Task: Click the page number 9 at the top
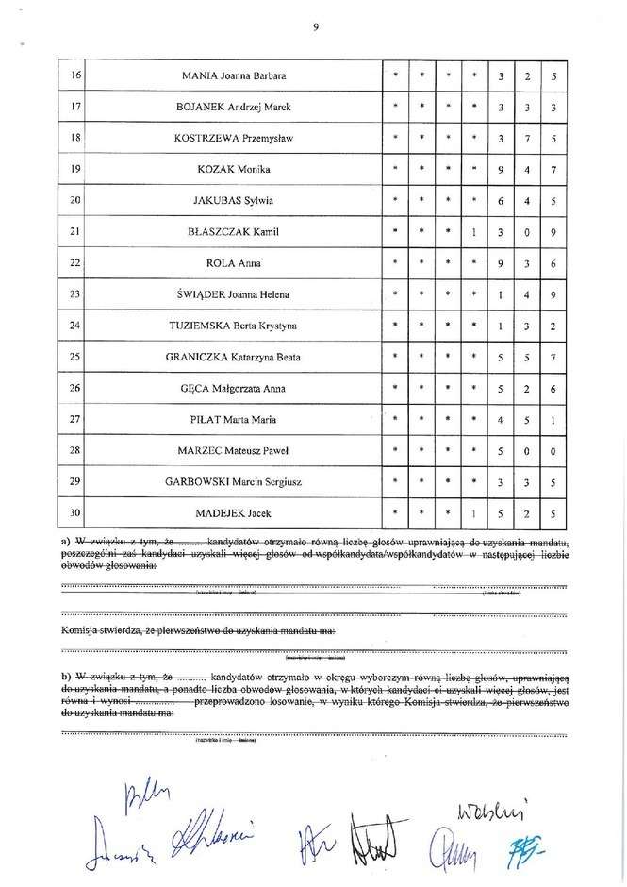(314, 27)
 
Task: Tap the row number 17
(75, 107)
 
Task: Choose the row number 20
(75, 201)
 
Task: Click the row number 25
(75, 357)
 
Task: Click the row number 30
(75, 513)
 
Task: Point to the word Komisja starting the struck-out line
(80, 629)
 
